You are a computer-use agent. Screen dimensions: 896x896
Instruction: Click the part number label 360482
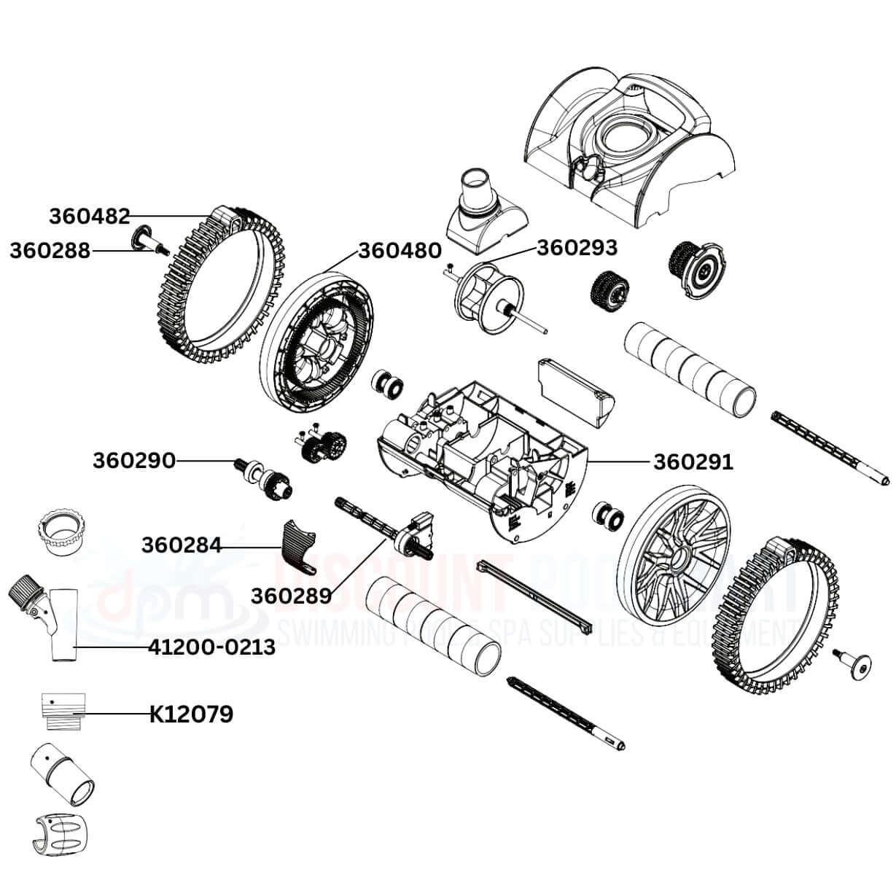point(89,216)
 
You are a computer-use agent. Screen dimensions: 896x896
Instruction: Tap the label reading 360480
point(399,251)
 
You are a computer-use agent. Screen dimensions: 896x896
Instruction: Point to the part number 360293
point(577,247)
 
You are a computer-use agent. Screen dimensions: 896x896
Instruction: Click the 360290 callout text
point(133,461)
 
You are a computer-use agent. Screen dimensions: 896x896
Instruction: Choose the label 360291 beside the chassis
point(693,461)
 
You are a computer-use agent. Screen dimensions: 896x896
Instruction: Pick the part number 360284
point(182,545)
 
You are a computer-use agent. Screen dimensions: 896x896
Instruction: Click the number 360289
point(291,595)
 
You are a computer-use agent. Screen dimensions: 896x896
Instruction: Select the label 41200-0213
point(211,647)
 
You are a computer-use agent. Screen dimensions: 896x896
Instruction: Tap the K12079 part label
point(191,714)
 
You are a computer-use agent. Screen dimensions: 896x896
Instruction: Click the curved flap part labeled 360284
point(297,545)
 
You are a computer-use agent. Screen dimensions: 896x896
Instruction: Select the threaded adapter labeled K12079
point(63,709)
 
